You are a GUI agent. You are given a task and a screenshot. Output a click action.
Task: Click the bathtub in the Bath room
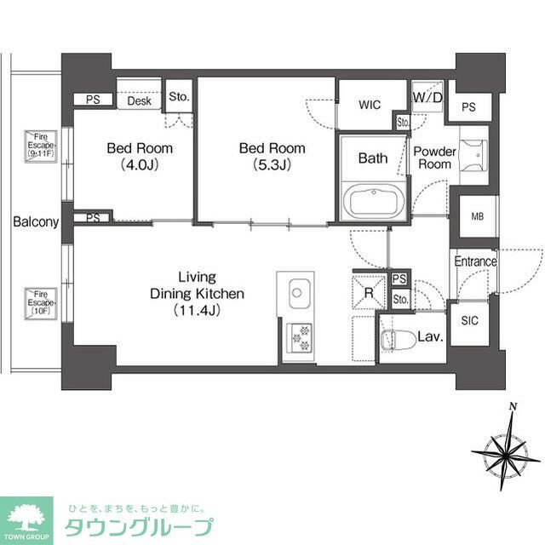click(x=373, y=204)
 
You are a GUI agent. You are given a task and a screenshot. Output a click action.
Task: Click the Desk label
click(x=140, y=101)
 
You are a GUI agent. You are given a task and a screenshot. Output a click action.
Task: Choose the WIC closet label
click(x=370, y=105)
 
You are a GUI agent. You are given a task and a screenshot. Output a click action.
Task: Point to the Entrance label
click(x=475, y=261)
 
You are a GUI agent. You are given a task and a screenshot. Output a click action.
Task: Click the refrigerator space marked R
click(x=368, y=295)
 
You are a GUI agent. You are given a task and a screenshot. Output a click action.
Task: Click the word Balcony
click(x=36, y=223)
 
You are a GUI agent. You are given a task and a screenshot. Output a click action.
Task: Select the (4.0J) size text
click(x=139, y=164)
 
